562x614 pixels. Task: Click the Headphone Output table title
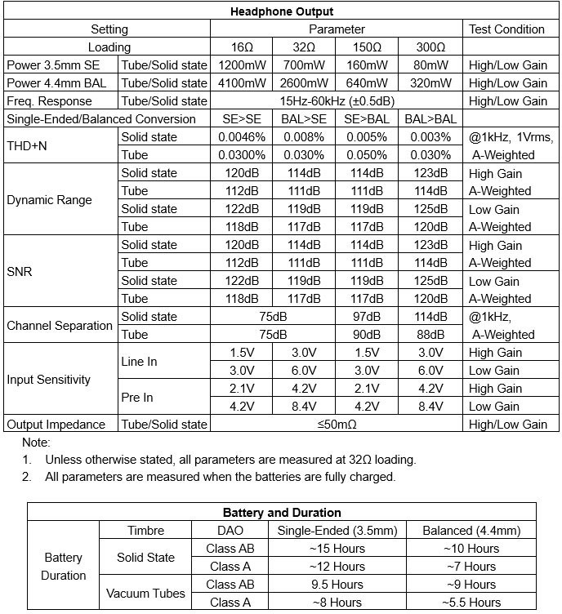pos(282,11)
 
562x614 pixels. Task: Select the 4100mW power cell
pos(241,83)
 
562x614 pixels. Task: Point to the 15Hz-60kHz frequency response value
pos(336,101)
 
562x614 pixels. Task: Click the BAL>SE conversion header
pos(304,119)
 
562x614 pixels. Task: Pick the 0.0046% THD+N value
pos(241,137)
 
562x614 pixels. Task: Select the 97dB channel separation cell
pos(367,317)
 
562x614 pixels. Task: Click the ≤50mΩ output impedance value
pos(336,425)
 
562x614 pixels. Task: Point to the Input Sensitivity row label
pos(49,380)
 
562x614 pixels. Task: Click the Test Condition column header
pos(506,29)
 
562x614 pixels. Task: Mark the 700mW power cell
pos(304,65)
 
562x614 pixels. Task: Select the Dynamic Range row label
pos(49,200)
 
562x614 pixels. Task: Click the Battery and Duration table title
pos(282,513)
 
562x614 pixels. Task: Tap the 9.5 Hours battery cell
pos(337,585)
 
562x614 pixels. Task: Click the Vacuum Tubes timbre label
pos(145,594)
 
